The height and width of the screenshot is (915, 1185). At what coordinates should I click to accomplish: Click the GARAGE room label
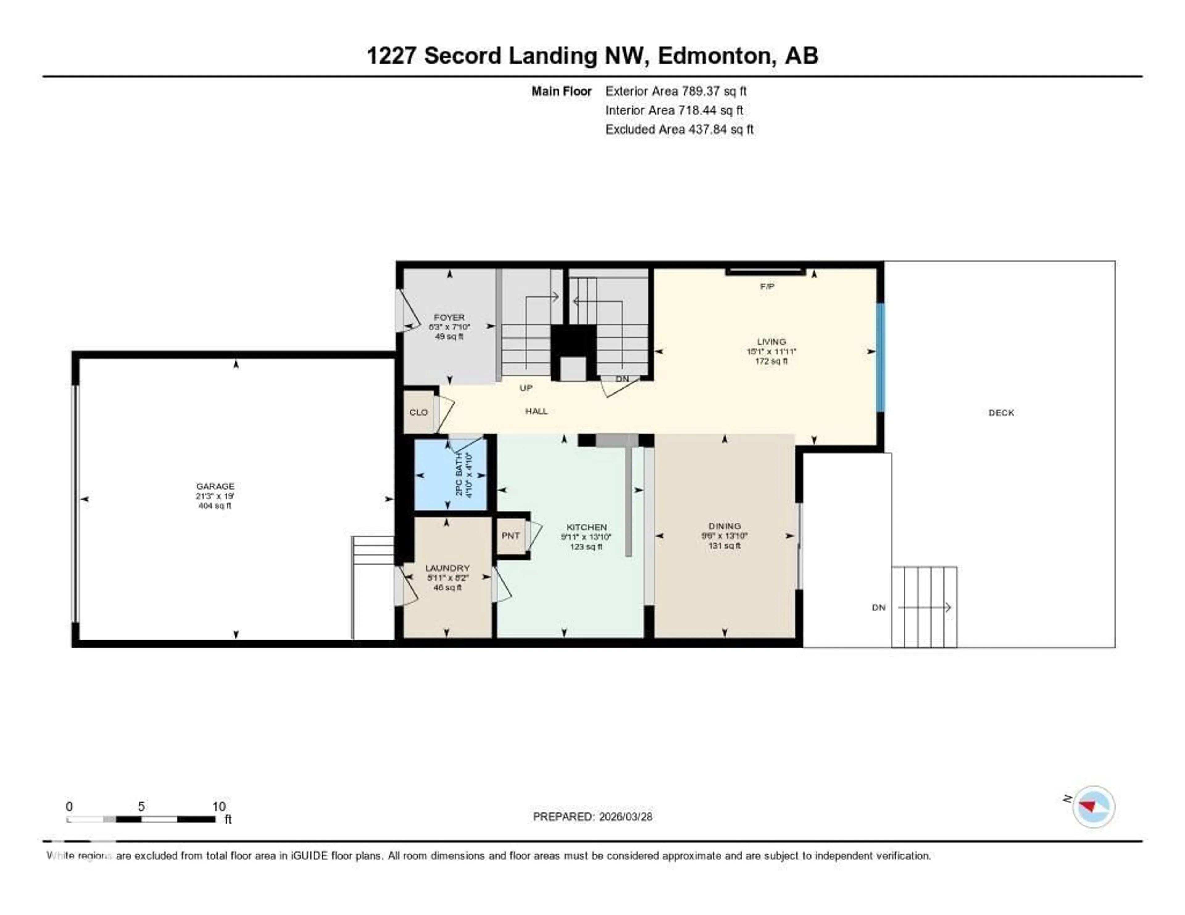point(215,486)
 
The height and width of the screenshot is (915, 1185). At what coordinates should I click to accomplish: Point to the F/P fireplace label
point(767,286)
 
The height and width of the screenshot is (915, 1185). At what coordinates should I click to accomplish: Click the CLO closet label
point(418,412)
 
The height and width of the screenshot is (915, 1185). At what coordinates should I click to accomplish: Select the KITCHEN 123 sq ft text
point(586,547)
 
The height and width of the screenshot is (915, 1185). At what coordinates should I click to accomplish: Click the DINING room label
point(724,526)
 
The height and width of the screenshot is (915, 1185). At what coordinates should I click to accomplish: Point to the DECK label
point(1001,413)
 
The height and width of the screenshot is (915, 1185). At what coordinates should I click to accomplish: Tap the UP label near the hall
point(526,388)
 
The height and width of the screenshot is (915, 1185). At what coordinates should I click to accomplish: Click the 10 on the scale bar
point(219,806)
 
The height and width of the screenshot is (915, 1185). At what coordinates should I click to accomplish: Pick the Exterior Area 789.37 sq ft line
point(676,91)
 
